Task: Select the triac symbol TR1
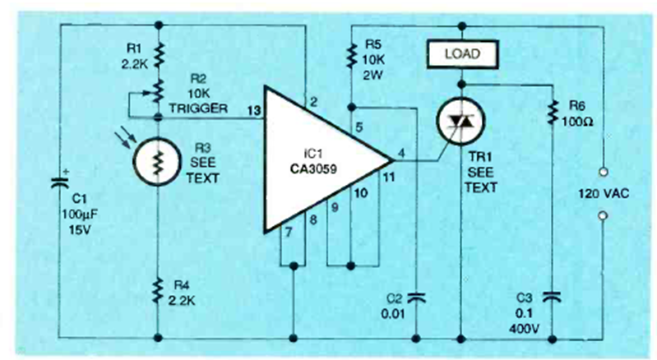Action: [460, 124]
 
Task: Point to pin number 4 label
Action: [399, 150]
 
